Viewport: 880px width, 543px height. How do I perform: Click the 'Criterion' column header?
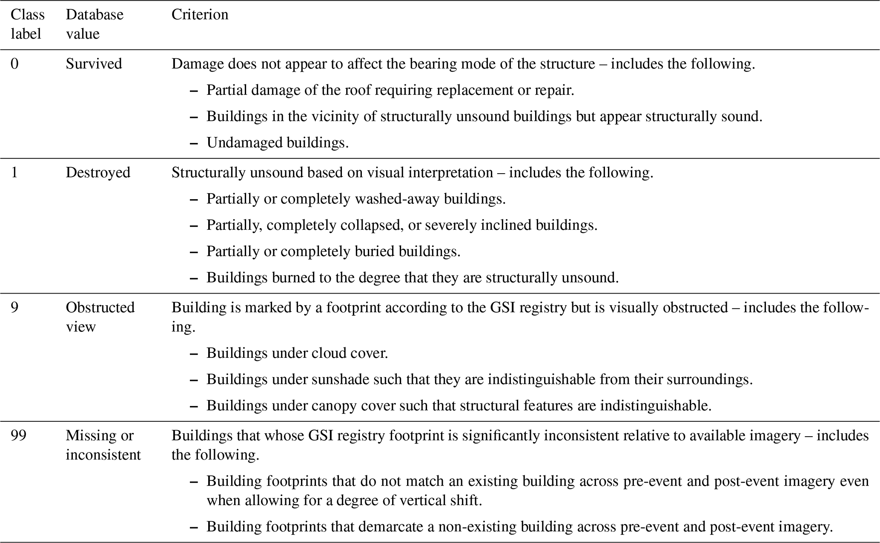pyautogui.click(x=200, y=15)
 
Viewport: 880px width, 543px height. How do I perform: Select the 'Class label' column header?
pyautogui.click(x=27, y=24)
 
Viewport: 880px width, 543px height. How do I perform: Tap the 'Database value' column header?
pyautogui.click(x=94, y=24)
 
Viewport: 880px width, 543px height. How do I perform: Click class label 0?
pyautogui.click(x=14, y=64)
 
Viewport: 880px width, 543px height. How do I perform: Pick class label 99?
pyautogui.click(x=18, y=436)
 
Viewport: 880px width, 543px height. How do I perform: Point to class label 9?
pyautogui.click(x=14, y=308)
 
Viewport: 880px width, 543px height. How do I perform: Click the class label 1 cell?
pyautogui.click(x=14, y=173)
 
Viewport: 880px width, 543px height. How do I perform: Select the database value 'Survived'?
pyautogui.click(x=94, y=64)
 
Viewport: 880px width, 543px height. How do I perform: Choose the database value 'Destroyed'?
pyautogui.click(x=98, y=173)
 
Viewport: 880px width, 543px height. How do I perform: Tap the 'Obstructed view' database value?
pyautogui.click(x=100, y=317)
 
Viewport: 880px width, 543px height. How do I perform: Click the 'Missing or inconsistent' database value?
pyautogui.click(x=103, y=445)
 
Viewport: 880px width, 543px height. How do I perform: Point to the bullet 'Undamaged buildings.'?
pyautogui.click(x=278, y=143)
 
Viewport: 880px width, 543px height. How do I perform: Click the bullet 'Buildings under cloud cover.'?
pyautogui.click(x=297, y=353)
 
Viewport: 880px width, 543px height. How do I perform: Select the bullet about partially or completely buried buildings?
pyautogui.click(x=333, y=251)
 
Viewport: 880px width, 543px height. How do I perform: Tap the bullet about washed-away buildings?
pyautogui.click(x=356, y=199)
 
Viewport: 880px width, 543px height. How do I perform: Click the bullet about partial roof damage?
pyautogui.click(x=390, y=90)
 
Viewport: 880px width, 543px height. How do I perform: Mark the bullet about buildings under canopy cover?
pyautogui.click(x=459, y=406)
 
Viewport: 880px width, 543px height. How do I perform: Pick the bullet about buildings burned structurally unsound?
pyautogui.click(x=413, y=278)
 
